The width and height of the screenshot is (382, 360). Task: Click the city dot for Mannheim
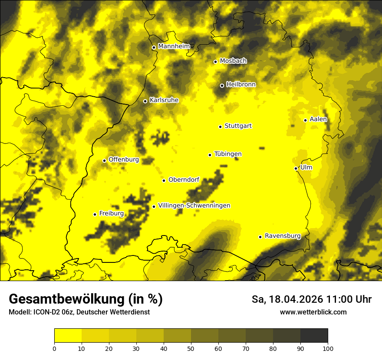coord(154,48)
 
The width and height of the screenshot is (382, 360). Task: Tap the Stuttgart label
coord(238,126)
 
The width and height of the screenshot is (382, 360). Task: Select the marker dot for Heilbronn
coord(222,85)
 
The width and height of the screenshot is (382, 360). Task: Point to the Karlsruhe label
coord(164,100)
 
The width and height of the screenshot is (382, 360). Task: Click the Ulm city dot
coord(296,168)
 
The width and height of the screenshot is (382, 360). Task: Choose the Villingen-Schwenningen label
coord(194,206)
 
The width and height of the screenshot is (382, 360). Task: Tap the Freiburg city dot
coord(95,214)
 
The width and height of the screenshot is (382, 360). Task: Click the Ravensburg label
coord(282,236)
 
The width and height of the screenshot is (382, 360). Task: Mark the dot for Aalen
coord(305,120)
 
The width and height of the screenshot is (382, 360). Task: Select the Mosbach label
coord(233,61)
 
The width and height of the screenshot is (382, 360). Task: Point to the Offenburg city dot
coord(104,160)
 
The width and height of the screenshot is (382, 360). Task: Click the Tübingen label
coord(228,154)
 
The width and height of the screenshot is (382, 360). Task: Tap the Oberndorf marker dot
coord(164,180)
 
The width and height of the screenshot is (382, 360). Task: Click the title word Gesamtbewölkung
coord(66,299)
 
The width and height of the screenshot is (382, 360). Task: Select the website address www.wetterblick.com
coord(313,312)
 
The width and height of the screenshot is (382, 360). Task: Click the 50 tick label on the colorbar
coord(191,348)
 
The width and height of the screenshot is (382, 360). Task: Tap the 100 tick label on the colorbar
coord(328,348)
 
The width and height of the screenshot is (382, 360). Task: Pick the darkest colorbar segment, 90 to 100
coord(314,336)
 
